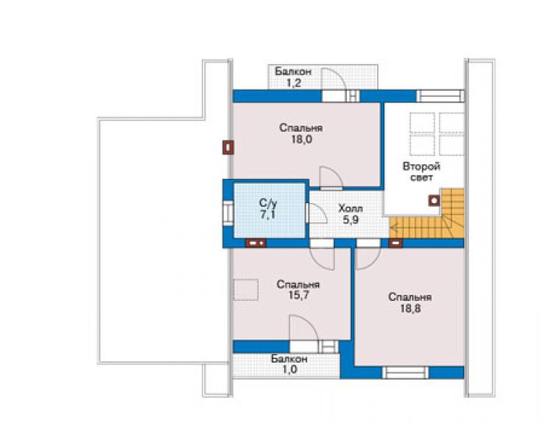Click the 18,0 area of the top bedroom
pyautogui.click(x=301, y=140)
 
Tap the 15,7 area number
pyautogui.click(x=298, y=296)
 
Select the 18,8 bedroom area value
pyautogui.click(x=410, y=308)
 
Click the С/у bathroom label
pyautogui.click(x=268, y=203)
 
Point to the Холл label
pyautogui.click(x=351, y=209)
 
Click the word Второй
pyautogui.click(x=421, y=166)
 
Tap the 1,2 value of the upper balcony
pyautogui.click(x=293, y=83)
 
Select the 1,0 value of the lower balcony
pyautogui.click(x=290, y=369)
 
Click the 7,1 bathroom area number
pyautogui.click(x=268, y=215)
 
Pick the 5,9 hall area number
pyautogui.click(x=351, y=220)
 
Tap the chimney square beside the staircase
pyautogui.click(x=434, y=200)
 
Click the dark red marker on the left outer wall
pyautogui.click(x=228, y=147)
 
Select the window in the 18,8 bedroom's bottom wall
pyautogui.click(x=405, y=373)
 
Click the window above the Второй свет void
pyautogui.click(x=440, y=96)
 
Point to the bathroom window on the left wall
pyautogui.click(x=228, y=213)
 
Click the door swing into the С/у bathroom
pyautogui.click(x=317, y=213)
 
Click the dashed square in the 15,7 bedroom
pyautogui.click(x=246, y=290)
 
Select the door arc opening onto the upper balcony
pyautogui.click(x=334, y=79)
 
